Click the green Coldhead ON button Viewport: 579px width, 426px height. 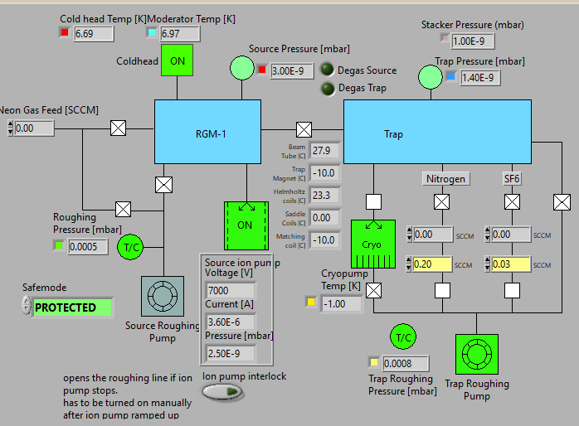coord(177,61)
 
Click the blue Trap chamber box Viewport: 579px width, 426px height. coord(437,133)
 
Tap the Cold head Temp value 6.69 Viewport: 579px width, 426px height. coord(93,33)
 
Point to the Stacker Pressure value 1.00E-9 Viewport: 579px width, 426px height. coord(474,41)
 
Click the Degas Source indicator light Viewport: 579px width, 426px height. coord(328,70)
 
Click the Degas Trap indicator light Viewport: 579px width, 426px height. coord(328,88)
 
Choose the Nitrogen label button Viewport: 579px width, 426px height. coord(445,178)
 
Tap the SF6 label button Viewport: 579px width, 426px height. coord(512,178)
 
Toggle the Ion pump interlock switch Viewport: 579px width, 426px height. coord(218,391)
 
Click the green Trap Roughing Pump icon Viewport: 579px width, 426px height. coord(477,356)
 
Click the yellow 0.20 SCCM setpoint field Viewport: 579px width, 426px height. coord(432,264)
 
